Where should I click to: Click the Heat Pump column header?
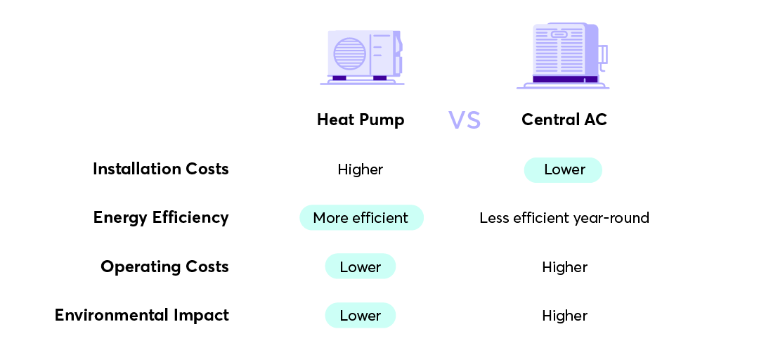361,120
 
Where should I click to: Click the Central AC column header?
564,120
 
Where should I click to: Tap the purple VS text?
465,120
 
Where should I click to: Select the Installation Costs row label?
160,169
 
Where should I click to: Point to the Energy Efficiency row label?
161,217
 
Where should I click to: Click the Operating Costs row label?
164,266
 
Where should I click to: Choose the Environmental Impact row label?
142,315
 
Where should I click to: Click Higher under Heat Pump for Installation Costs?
361,169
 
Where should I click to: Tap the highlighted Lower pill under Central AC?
563,169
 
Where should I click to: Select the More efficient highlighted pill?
361,218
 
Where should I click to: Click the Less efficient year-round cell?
564,218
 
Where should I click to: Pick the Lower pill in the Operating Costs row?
361,267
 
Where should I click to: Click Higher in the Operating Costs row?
564,267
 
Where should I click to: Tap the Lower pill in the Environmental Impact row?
361,316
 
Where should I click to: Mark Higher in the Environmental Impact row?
564,316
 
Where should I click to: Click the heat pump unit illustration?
363,56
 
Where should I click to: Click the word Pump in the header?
382,120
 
